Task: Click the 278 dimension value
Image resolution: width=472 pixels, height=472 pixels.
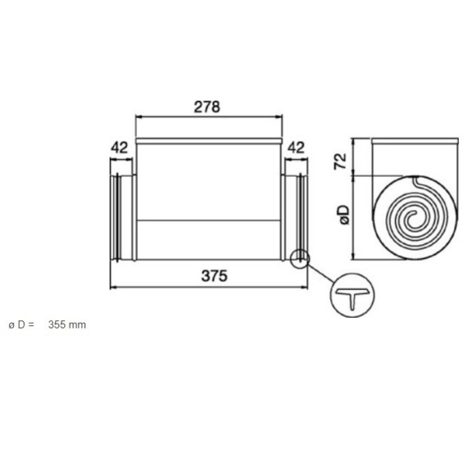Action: pyautogui.click(x=208, y=107)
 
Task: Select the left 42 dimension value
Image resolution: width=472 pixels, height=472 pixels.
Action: pyautogui.click(x=120, y=147)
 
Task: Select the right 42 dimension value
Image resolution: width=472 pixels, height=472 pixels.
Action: pyautogui.click(x=296, y=147)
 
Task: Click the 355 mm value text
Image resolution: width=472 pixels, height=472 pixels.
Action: pyautogui.click(x=66, y=325)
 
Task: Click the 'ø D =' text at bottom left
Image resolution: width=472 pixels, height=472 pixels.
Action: pyautogui.click(x=21, y=325)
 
